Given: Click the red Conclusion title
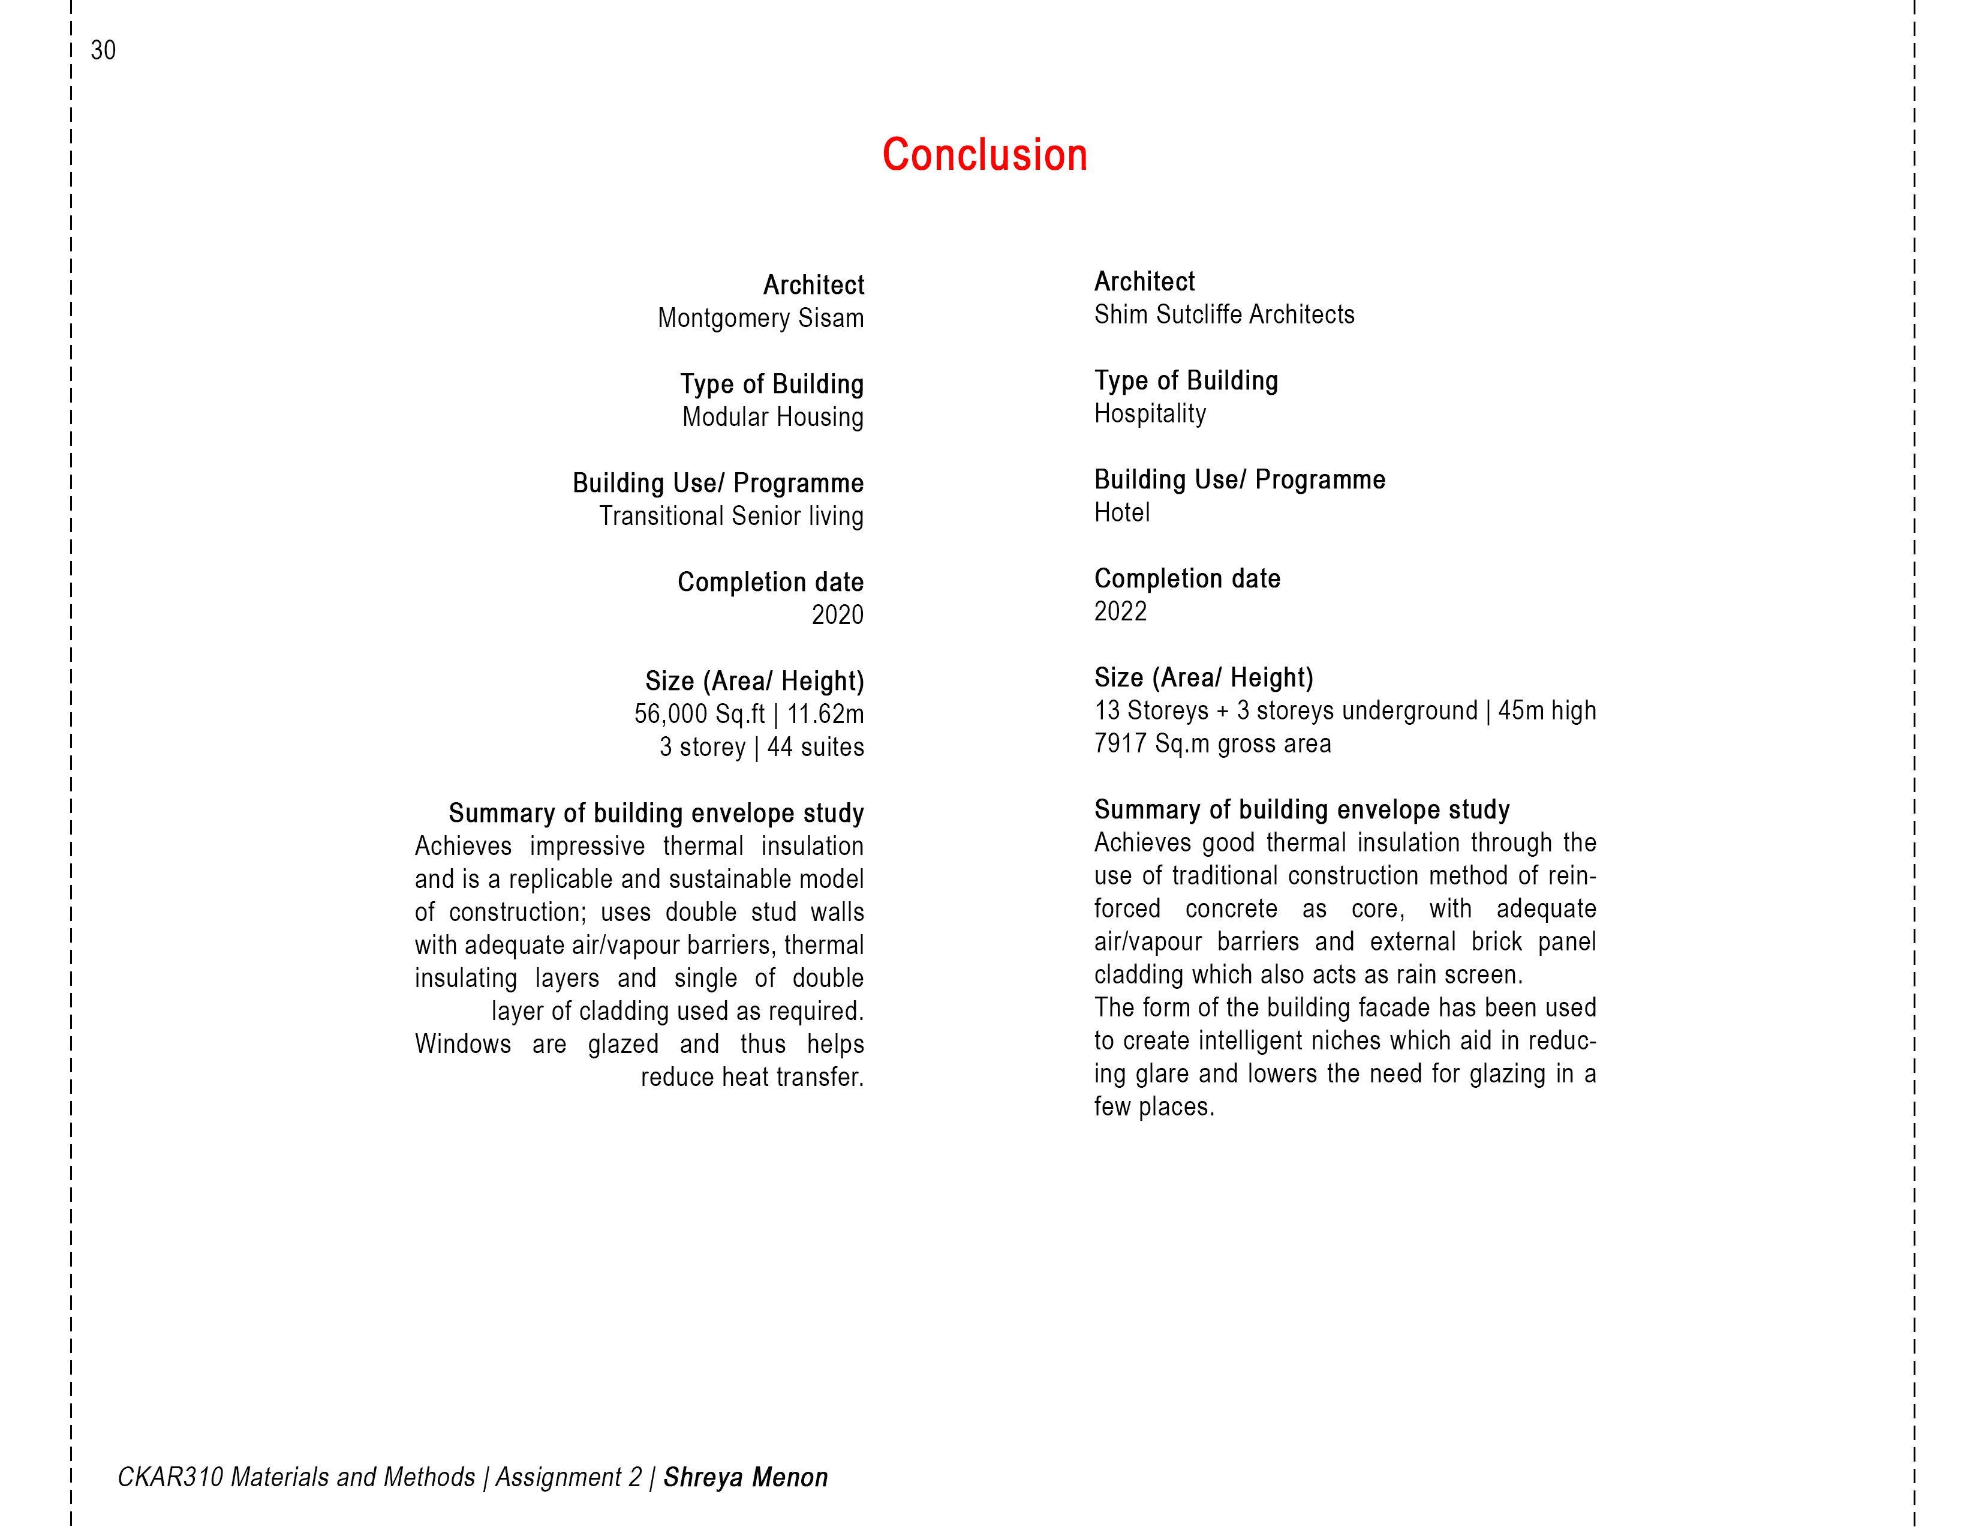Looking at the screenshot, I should tap(984, 155).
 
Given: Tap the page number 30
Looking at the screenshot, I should tap(103, 51).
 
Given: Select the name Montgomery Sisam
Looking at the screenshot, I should tap(760, 318).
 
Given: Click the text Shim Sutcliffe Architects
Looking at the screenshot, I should tap(1223, 314).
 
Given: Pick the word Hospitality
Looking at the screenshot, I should tap(1149, 413).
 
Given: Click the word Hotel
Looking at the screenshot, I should tap(1122, 513).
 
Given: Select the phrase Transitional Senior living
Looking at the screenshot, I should tap(730, 516).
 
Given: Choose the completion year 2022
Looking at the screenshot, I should tap(1120, 612).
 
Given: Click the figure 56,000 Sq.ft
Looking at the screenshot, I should tap(699, 714).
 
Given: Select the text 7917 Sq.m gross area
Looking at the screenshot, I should tap(1213, 744).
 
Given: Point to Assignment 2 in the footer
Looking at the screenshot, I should tap(568, 1477).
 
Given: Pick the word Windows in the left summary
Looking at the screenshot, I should tap(462, 1044).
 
